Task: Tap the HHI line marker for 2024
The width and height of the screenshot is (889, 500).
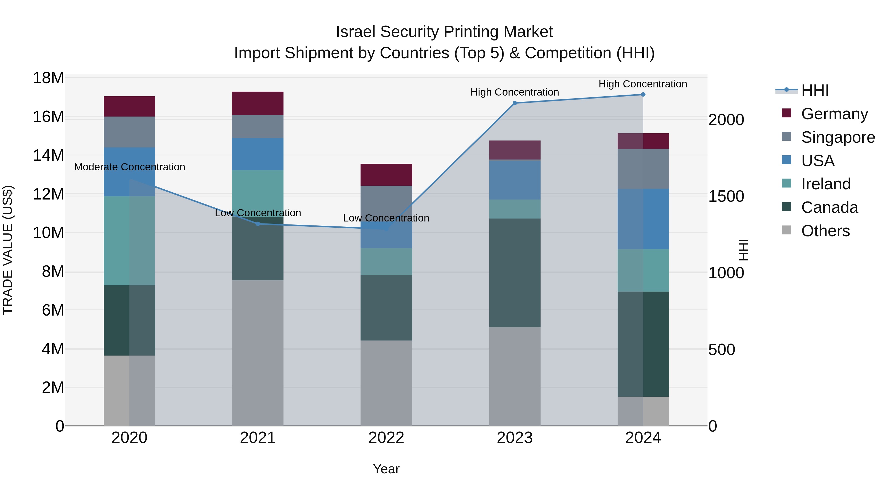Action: tap(643, 95)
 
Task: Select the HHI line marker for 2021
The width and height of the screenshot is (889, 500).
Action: tap(258, 224)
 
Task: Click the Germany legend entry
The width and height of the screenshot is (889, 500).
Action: tap(834, 114)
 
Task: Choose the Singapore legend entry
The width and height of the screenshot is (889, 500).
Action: tap(838, 137)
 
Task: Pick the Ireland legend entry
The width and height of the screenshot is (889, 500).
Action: tap(826, 184)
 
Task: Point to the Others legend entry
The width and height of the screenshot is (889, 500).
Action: tap(825, 231)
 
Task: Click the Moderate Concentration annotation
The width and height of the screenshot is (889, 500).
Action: tap(129, 167)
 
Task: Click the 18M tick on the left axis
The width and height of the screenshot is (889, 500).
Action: tap(48, 78)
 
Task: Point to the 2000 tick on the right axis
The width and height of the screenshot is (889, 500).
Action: tap(726, 120)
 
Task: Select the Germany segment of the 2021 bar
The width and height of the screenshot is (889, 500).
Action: tap(258, 103)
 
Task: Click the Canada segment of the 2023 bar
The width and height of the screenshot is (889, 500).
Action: tap(515, 273)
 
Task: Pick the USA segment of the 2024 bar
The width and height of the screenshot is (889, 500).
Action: tap(643, 219)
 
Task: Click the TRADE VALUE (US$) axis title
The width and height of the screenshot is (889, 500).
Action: tap(8, 250)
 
